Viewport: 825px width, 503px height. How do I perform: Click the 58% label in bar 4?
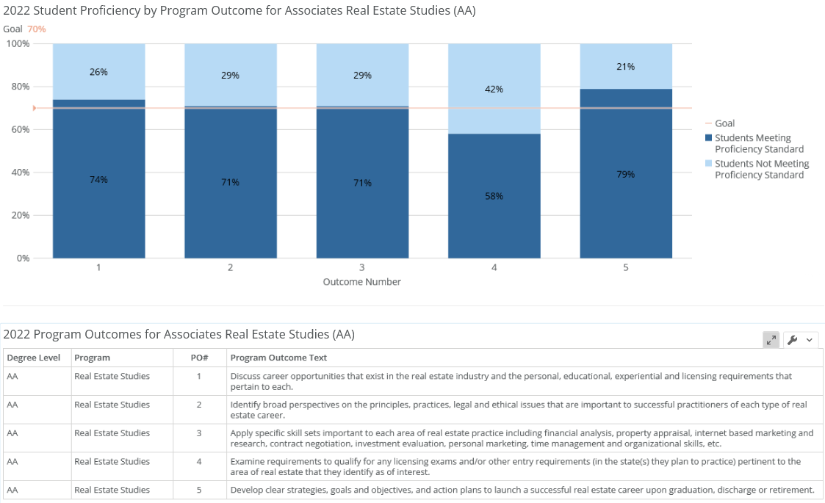click(x=494, y=196)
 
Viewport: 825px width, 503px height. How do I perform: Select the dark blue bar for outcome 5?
click(x=626, y=198)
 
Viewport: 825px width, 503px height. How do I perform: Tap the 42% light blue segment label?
click(x=494, y=89)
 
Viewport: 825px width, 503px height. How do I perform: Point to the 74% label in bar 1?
click(x=98, y=179)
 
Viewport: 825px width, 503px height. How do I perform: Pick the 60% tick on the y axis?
click(x=18, y=129)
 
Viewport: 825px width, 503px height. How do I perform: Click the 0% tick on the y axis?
click(x=21, y=258)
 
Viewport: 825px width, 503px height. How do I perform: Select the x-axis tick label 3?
click(x=362, y=268)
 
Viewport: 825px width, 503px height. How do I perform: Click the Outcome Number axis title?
click(x=362, y=282)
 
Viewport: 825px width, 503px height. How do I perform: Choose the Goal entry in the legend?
click(x=724, y=123)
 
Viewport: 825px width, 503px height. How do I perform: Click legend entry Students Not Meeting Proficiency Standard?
click(x=761, y=169)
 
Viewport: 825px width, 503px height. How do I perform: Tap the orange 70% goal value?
click(x=37, y=29)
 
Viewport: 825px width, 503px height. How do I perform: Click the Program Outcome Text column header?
click(x=278, y=358)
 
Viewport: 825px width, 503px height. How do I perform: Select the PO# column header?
click(x=199, y=358)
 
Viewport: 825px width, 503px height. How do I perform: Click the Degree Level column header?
click(x=35, y=358)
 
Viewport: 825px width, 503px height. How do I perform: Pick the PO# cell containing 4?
click(x=199, y=461)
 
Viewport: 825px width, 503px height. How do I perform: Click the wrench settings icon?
click(x=792, y=339)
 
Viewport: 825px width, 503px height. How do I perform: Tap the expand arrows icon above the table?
click(x=771, y=339)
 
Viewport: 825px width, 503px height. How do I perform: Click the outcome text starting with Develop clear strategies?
click(x=522, y=490)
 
